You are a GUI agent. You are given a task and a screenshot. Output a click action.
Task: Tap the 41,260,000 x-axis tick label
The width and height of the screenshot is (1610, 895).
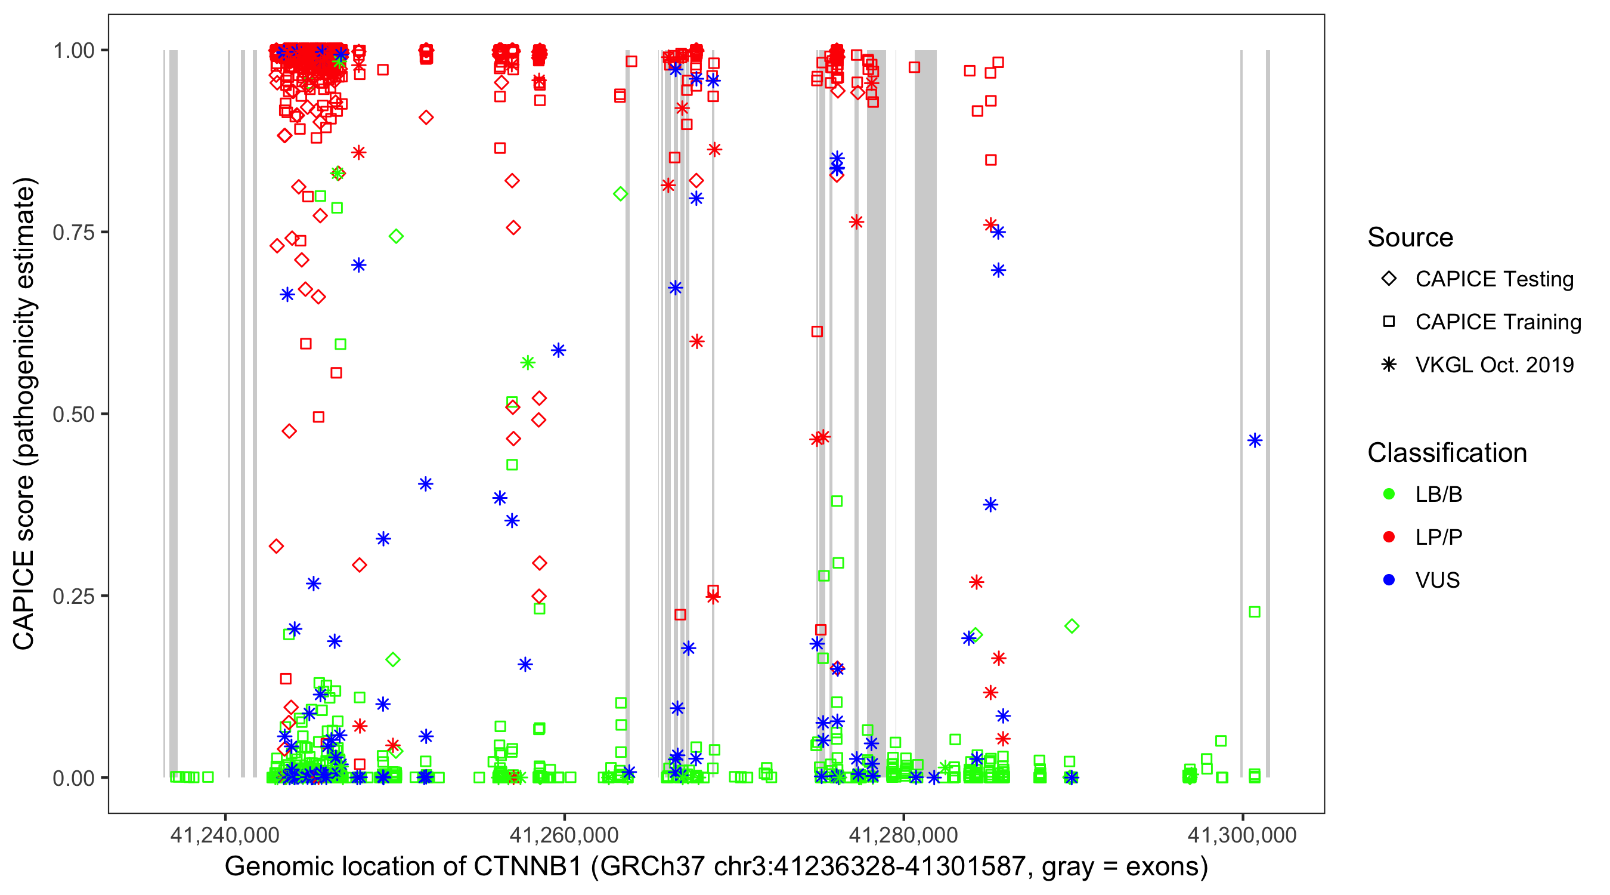click(563, 835)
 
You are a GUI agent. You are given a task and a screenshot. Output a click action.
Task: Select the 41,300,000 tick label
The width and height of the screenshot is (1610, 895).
click(1242, 835)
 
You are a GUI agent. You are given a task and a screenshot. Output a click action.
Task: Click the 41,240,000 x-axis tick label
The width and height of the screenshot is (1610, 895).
click(225, 835)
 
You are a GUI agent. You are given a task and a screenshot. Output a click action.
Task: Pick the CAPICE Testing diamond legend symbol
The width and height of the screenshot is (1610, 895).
click(1389, 279)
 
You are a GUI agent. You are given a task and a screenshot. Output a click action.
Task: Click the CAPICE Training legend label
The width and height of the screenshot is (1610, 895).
click(1498, 322)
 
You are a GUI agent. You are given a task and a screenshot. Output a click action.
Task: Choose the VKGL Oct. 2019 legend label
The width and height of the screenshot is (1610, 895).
click(1494, 365)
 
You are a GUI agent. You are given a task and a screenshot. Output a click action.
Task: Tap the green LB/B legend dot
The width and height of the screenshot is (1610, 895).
click(1389, 494)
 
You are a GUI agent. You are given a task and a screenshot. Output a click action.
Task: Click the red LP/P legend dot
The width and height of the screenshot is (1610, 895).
click(1389, 537)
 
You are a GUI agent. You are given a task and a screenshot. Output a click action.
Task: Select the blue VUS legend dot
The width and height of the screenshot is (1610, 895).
click(1389, 580)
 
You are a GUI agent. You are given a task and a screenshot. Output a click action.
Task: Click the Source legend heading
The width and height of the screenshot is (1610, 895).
click(1410, 237)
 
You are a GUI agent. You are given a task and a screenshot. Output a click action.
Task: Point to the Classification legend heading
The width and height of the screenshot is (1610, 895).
click(1447, 453)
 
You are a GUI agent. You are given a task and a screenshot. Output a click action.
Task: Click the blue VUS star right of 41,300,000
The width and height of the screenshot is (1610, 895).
click(1255, 441)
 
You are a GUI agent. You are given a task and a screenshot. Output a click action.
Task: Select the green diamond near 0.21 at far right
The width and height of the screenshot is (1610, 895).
click(1072, 626)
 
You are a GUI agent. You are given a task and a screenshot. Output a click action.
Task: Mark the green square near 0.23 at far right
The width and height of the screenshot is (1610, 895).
click(1255, 612)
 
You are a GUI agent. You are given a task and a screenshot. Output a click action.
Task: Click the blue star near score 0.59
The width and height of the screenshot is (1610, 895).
click(558, 350)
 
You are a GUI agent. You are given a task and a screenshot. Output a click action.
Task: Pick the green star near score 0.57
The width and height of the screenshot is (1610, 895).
click(528, 363)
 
